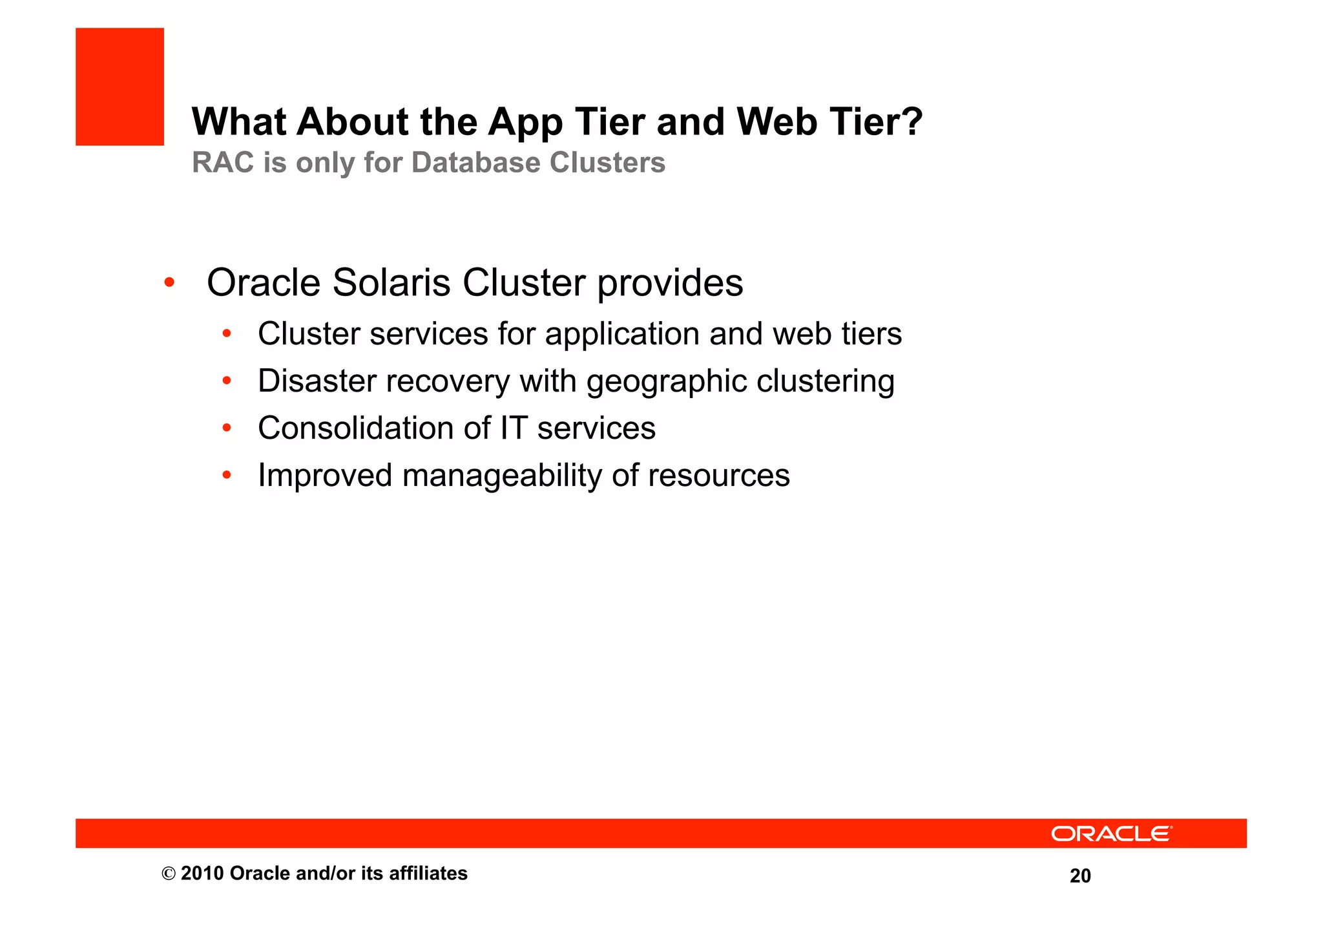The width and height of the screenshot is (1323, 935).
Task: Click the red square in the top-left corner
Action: tap(120, 87)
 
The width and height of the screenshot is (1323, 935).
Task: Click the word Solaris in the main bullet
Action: tap(391, 283)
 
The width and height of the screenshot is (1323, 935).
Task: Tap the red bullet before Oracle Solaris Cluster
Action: tap(169, 282)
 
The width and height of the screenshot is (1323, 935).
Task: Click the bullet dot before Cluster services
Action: tap(226, 334)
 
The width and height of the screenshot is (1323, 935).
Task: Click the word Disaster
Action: tap(317, 381)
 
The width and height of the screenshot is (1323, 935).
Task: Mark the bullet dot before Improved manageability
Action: tap(226, 476)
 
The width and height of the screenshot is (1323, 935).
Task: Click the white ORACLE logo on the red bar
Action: tap(1111, 834)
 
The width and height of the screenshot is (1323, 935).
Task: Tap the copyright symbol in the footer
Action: tap(169, 874)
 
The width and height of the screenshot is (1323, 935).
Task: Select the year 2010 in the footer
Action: tap(202, 874)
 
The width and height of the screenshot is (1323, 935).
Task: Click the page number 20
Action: tap(1080, 876)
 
